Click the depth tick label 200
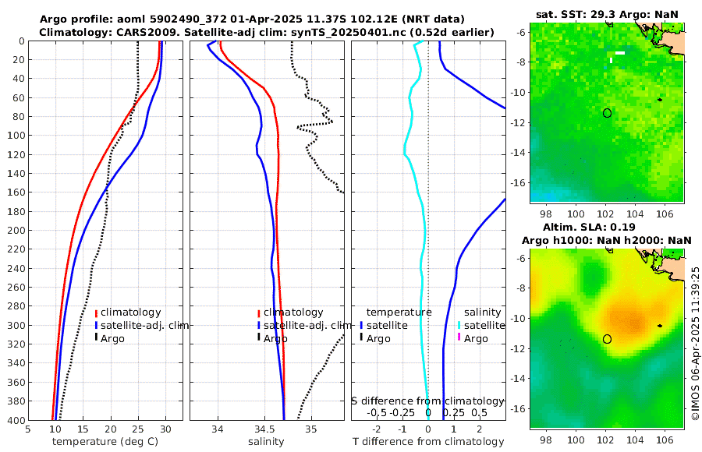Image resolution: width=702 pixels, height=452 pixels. (15, 231)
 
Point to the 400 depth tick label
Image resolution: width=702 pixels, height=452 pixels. (15, 420)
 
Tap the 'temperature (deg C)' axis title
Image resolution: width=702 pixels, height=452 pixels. (105, 442)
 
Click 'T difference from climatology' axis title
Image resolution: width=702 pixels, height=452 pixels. (428, 442)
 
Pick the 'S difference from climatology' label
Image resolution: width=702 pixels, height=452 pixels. (427, 401)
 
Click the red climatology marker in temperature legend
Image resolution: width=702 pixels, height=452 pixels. (96, 313)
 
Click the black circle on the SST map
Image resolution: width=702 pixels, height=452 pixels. (607, 113)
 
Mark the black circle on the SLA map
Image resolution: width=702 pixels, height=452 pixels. (607, 339)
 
